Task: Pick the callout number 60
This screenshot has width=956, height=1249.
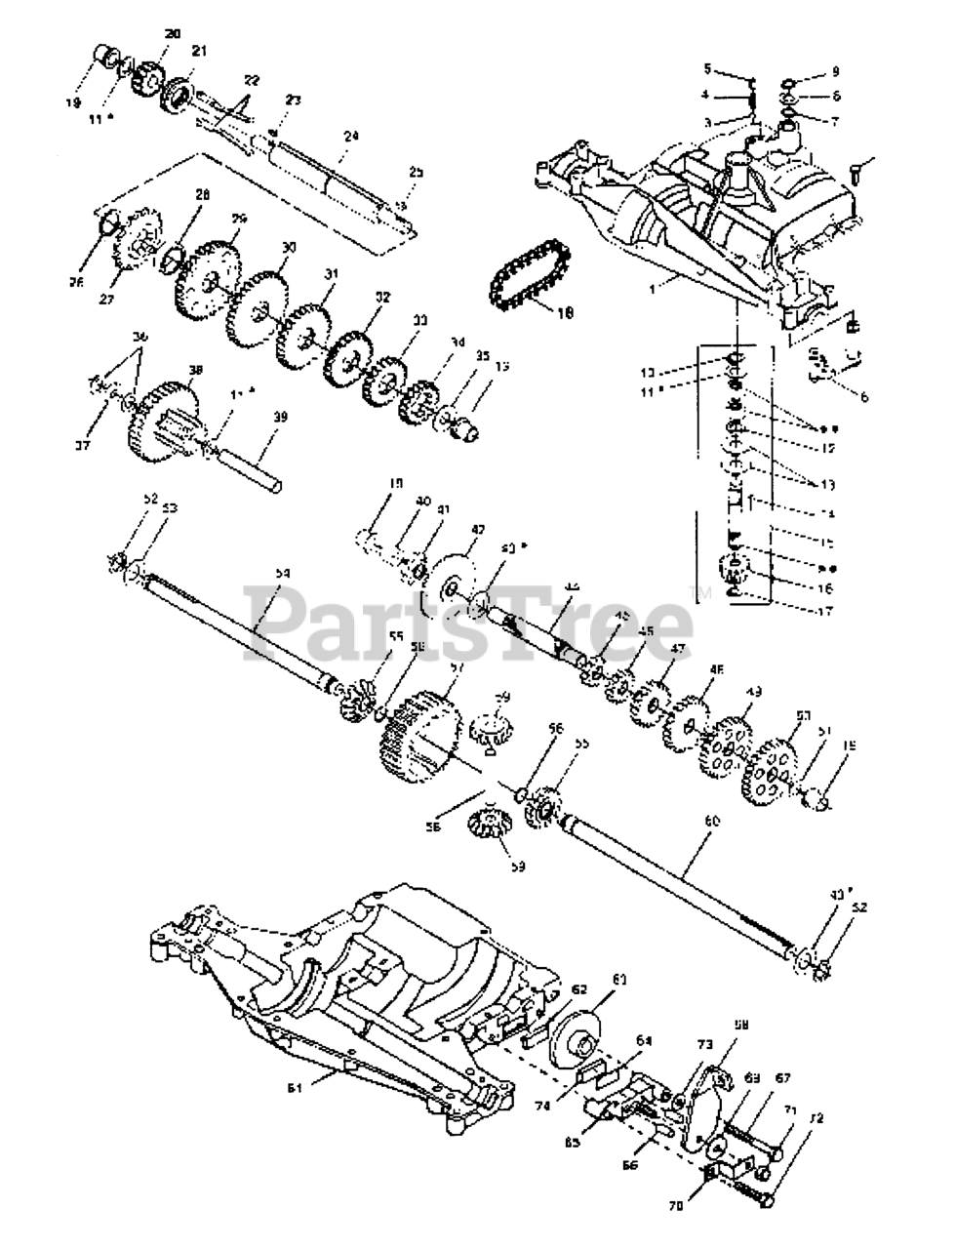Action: click(710, 822)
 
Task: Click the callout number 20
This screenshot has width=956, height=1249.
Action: click(173, 34)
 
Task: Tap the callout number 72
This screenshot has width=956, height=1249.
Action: click(816, 1118)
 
